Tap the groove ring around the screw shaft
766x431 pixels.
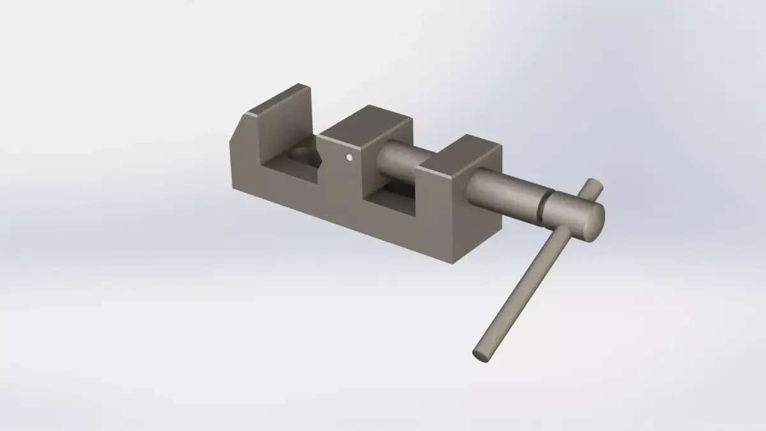(544, 203)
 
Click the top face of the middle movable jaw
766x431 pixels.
(366, 123)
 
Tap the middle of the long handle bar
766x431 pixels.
(536, 275)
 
